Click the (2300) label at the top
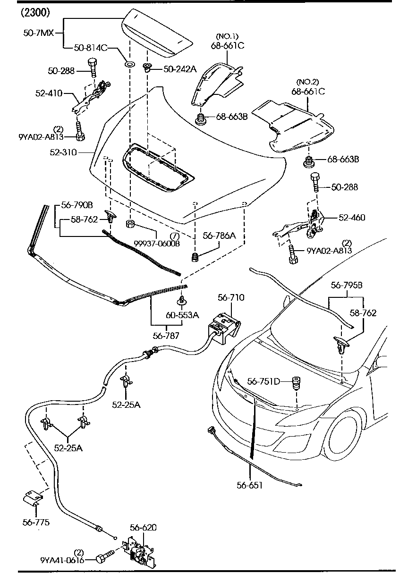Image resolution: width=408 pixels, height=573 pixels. [35, 13]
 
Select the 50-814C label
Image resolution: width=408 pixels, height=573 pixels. [91, 48]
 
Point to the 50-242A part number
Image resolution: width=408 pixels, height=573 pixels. [180, 69]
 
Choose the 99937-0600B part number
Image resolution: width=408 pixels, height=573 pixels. [156, 243]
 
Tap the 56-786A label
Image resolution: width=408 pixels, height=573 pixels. [219, 235]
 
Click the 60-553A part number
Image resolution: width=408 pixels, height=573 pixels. [182, 315]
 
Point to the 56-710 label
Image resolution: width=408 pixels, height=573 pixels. [231, 297]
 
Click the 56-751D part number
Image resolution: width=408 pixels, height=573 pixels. [263, 381]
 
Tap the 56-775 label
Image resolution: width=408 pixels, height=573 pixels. [36, 522]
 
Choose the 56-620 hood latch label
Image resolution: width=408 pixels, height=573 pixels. [144, 528]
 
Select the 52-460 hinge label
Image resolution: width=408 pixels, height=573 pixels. [351, 218]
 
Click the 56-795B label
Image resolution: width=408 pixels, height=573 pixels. [347, 285]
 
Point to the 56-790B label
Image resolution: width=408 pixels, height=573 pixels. [77, 206]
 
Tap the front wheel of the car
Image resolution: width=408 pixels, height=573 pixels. [343, 431]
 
